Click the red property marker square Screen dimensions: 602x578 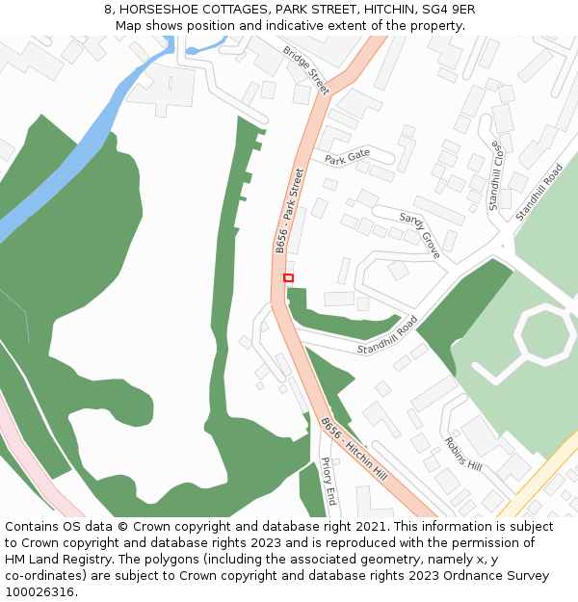[288, 277]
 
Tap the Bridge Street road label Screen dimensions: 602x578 [306, 70]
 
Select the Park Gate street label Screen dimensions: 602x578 [347, 158]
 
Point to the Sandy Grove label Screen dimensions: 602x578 [420, 235]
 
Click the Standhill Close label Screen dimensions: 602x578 [495, 176]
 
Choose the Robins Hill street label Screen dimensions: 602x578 [462, 453]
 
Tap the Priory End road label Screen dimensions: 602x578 [328, 482]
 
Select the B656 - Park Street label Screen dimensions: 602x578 [289, 211]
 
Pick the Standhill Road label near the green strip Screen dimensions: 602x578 [387, 334]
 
